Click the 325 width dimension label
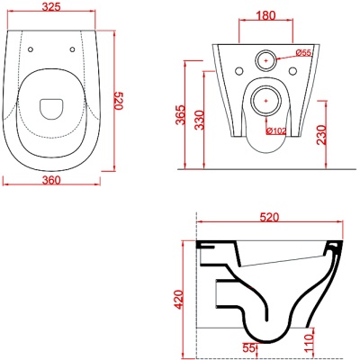pyautogui.click(x=51, y=6)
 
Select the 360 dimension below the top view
pyautogui.click(x=51, y=180)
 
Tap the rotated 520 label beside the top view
pyautogui.click(x=119, y=101)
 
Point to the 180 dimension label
pyautogui.click(x=265, y=15)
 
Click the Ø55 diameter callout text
pyautogui.click(x=303, y=53)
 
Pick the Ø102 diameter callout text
pyautogui.click(x=276, y=131)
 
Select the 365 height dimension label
pyautogui.click(x=180, y=114)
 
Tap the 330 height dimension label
pyautogui.click(x=199, y=120)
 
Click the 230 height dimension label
pyautogui.click(x=321, y=136)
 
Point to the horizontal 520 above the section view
pyautogui.click(x=269, y=217)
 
